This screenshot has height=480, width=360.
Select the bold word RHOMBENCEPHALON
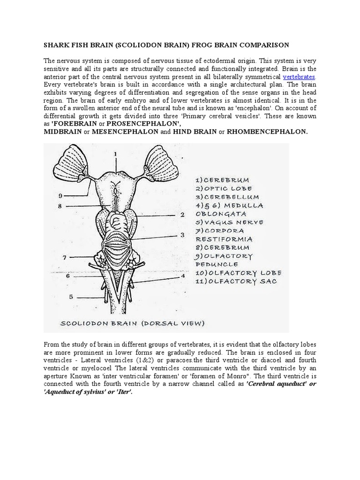(267, 132)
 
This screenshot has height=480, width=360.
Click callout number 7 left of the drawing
(64, 257)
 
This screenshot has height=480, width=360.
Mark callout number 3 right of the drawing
(181, 235)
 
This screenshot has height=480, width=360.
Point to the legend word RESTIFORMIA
(219, 239)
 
